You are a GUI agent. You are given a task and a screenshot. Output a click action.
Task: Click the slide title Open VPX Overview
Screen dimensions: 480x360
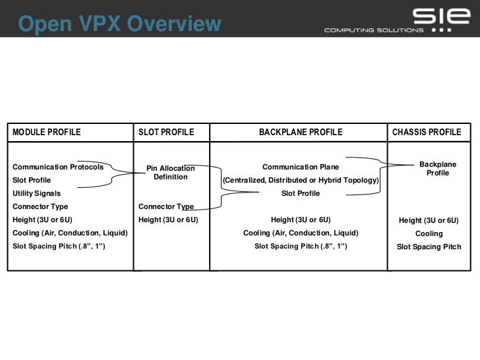click(119, 24)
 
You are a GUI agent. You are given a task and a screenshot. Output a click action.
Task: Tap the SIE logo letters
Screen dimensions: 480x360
click(433, 15)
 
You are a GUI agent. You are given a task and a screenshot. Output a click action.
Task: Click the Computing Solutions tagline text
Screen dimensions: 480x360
click(373, 30)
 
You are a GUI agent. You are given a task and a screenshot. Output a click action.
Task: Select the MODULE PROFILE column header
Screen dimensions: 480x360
click(47, 133)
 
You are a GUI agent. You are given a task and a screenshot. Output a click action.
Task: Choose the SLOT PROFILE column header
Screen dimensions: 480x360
click(166, 133)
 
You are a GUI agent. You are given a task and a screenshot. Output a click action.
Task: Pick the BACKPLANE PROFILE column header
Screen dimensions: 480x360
click(301, 133)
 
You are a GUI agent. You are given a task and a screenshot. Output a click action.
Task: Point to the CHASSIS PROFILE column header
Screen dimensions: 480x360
click(427, 133)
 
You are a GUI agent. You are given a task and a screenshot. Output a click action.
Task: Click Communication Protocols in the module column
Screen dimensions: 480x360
click(58, 167)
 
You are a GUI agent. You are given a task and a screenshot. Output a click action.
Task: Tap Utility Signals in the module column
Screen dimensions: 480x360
click(37, 193)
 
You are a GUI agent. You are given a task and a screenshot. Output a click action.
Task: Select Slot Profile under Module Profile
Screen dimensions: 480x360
click(32, 180)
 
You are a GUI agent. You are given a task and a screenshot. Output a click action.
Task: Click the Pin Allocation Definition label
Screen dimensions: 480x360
click(171, 173)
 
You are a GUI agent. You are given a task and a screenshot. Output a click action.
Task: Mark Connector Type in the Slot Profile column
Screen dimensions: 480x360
click(166, 206)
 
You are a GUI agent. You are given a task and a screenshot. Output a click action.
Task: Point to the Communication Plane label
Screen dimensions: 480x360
click(301, 167)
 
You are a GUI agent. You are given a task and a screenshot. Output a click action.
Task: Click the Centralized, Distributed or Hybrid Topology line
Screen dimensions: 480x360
click(301, 180)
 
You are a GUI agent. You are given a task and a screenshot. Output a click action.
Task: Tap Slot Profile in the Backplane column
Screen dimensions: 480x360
click(301, 193)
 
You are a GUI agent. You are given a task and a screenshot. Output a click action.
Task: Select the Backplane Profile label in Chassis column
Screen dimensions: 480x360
click(438, 168)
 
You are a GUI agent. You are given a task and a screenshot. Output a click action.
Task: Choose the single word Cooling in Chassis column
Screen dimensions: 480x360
click(429, 233)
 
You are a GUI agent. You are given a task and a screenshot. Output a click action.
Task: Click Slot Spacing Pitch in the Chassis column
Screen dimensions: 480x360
click(429, 247)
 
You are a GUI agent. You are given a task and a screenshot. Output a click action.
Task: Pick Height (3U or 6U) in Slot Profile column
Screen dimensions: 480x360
click(168, 220)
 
